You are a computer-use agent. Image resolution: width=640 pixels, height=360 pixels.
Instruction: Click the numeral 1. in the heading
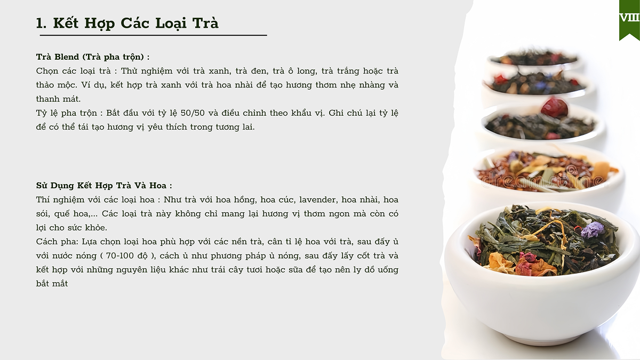(x=41, y=23)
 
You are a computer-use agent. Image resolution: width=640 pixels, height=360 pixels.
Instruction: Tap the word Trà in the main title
(x=205, y=22)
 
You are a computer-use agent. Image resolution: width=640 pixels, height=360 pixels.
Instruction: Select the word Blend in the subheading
(x=67, y=57)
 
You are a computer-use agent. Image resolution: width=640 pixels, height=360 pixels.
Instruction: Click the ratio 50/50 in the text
(x=193, y=113)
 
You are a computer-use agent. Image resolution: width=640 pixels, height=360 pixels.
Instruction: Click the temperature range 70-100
(x=118, y=255)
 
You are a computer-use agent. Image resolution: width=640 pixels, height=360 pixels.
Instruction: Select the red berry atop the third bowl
(x=554, y=107)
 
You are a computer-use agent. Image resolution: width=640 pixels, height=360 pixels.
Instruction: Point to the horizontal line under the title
(x=154, y=35)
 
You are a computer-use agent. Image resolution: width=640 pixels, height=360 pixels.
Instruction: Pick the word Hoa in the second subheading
(x=158, y=186)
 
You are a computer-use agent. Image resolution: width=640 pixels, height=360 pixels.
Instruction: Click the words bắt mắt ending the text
(x=52, y=283)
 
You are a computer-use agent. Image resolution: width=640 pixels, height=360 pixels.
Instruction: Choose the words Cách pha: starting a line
(x=57, y=242)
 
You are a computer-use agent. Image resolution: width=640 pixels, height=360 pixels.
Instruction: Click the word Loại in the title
(x=171, y=23)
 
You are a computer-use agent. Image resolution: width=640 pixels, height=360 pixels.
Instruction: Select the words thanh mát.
(x=58, y=99)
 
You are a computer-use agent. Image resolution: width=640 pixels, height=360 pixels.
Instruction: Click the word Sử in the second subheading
(x=42, y=186)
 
